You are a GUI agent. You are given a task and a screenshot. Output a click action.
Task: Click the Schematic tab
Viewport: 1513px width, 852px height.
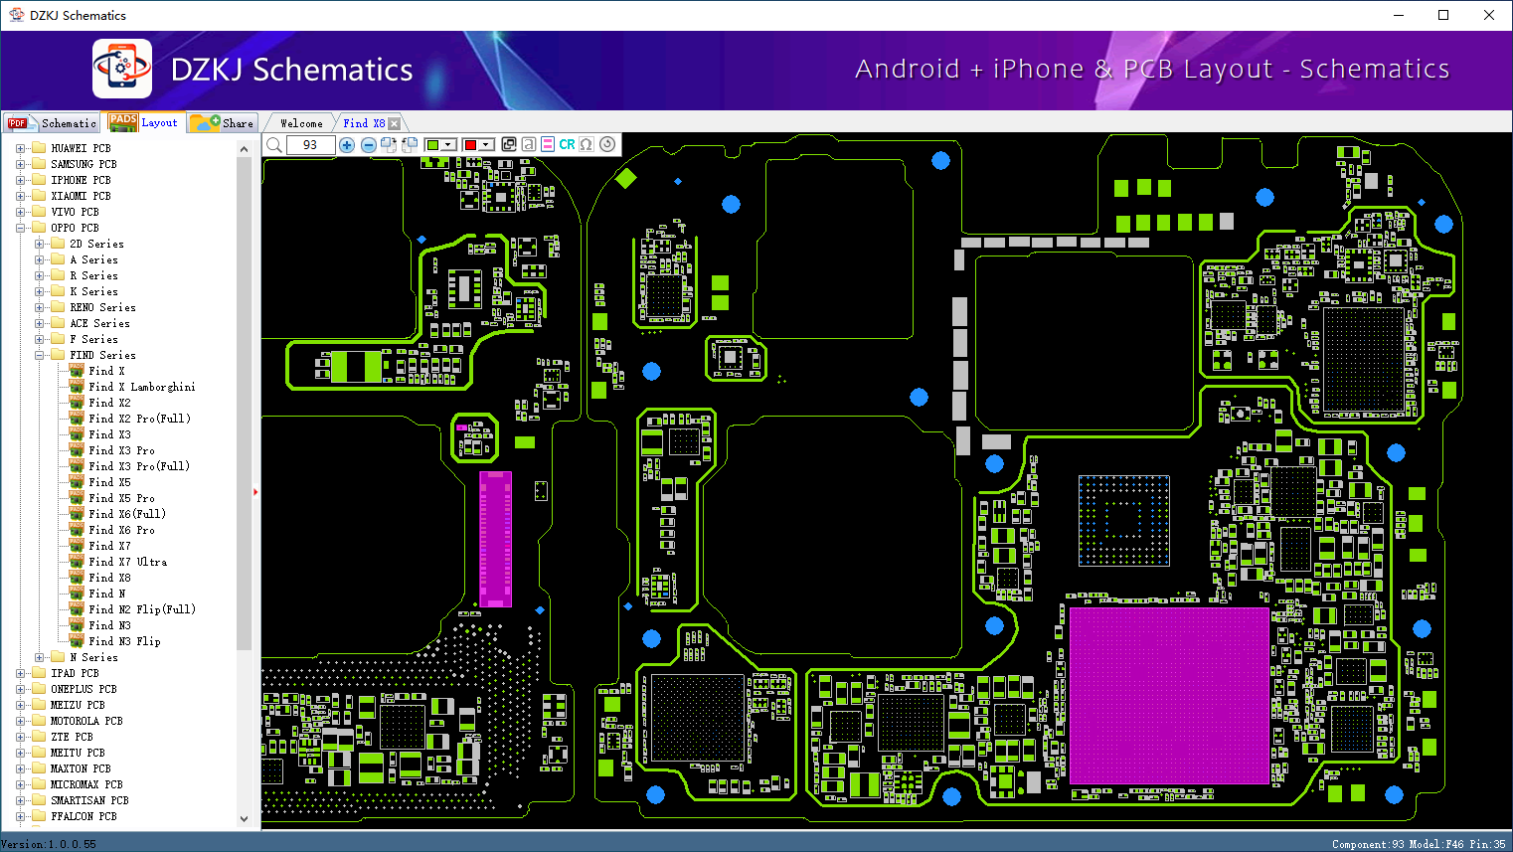pos(53,123)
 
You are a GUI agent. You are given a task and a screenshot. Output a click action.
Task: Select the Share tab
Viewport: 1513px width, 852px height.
pos(223,123)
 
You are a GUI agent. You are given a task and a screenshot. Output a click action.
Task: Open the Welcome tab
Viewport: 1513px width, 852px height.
pos(301,123)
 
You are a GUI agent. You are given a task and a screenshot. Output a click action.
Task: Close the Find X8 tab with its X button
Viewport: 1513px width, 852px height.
pos(395,123)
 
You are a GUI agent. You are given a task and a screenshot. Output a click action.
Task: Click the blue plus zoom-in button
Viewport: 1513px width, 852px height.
pos(347,144)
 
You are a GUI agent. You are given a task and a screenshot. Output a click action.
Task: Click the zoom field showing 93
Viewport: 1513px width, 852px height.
pos(310,144)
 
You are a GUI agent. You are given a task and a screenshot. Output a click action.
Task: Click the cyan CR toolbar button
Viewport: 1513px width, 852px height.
pos(567,144)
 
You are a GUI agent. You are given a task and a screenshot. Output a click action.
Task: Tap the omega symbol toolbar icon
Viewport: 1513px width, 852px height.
pos(587,144)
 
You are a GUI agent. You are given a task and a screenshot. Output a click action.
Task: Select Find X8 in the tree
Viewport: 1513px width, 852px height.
pos(109,578)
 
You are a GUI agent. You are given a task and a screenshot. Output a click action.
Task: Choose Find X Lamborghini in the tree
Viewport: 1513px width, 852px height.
pos(142,387)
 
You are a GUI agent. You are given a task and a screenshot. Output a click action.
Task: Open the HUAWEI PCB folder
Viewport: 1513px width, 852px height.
pos(81,148)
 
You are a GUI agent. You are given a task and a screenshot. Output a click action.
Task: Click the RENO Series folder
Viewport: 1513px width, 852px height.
pos(102,307)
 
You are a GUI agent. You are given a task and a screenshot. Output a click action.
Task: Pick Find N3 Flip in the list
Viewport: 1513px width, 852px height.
pos(124,641)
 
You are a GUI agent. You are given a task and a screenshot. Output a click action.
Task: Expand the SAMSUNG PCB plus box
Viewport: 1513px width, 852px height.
pos(20,164)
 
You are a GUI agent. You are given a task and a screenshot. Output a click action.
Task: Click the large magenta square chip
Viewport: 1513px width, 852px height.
pos(1169,696)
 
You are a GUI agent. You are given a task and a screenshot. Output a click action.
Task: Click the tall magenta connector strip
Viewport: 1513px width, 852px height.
pos(495,539)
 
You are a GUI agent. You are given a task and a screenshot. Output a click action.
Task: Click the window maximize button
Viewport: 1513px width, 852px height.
pos(1443,15)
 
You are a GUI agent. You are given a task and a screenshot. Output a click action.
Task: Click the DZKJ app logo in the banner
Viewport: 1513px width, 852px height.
pos(122,69)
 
